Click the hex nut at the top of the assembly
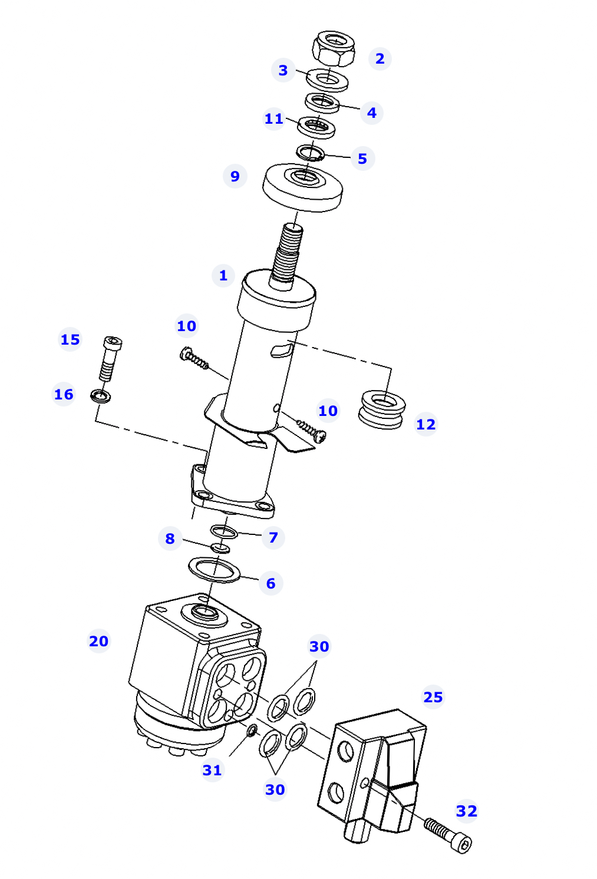[x=334, y=48]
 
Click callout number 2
[x=380, y=59]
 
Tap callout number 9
[x=235, y=176]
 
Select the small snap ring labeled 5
[x=310, y=153]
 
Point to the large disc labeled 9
[x=302, y=188]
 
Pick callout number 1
[x=223, y=276]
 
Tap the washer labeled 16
[x=100, y=396]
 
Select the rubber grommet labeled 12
[x=382, y=409]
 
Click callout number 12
[x=426, y=424]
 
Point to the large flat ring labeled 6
[x=214, y=570]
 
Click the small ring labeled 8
[x=220, y=548]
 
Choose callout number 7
[x=273, y=537]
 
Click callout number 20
[x=98, y=641]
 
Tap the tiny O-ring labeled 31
[x=252, y=731]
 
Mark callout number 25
[x=433, y=698]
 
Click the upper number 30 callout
[x=319, y=646]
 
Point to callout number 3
[x=283, y=71]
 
